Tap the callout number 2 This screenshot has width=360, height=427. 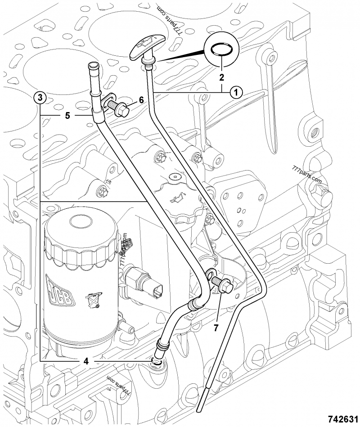click(221, 77)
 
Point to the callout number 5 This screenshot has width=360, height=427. click(67, 116)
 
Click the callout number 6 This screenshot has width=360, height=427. click(141, 100)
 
